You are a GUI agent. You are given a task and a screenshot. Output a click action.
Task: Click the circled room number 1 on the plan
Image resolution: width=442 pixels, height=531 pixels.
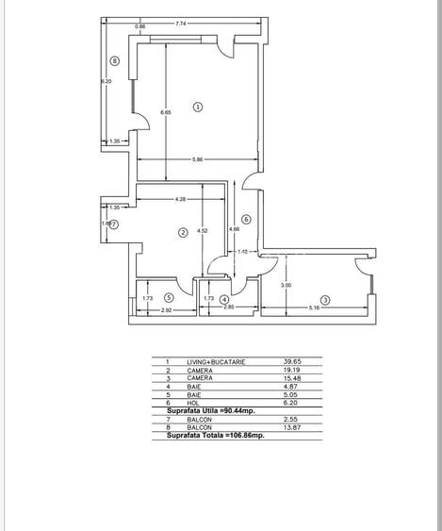pyautogui.click(x=198, y=108)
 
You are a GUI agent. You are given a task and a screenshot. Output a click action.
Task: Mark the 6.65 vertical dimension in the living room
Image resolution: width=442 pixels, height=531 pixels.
pyautogui.click(x=166, y=113)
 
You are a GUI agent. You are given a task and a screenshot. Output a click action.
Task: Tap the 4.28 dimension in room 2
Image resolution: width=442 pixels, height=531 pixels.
pyautogui.click(x=179, y=199)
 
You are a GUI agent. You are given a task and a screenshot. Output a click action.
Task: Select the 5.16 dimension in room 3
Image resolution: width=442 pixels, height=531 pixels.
pyautogui.click(x=316, y=307)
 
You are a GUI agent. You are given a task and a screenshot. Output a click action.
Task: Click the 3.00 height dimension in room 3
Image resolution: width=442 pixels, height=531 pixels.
pyautogui.click(x=286, y=284)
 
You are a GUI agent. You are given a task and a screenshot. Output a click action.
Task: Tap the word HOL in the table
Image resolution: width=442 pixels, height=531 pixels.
pyautogui.click(x=192, y=403)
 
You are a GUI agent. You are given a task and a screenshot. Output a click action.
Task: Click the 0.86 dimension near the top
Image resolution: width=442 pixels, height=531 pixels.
pyautogui.click(x=139, y=27)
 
